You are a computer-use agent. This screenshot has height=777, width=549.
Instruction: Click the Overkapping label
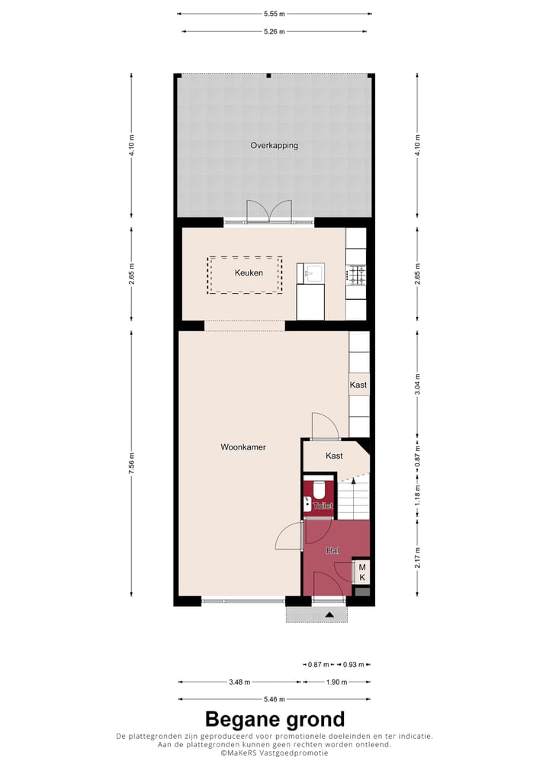point(274,145)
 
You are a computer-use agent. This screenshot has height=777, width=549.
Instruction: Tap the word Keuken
point(249,272)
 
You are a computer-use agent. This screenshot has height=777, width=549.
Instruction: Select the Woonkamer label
point(243,447)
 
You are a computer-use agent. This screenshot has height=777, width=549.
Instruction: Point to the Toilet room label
point(323,505)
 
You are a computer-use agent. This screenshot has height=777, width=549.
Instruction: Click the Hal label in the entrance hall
point(332,550)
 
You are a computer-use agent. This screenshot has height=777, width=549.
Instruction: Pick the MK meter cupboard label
point(362,572)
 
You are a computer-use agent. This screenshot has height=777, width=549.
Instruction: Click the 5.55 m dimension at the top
point(274,14)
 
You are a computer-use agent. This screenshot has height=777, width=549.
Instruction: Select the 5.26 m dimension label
point(274,31)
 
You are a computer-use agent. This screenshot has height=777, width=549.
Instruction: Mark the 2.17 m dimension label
point(417,558)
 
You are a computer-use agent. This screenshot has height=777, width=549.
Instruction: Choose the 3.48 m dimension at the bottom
point(240,682)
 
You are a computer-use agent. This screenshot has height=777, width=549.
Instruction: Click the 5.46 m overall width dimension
point(274,699)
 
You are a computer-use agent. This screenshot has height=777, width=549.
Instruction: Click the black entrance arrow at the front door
point(329,614)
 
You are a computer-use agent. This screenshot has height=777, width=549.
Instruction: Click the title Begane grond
point(274,719)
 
